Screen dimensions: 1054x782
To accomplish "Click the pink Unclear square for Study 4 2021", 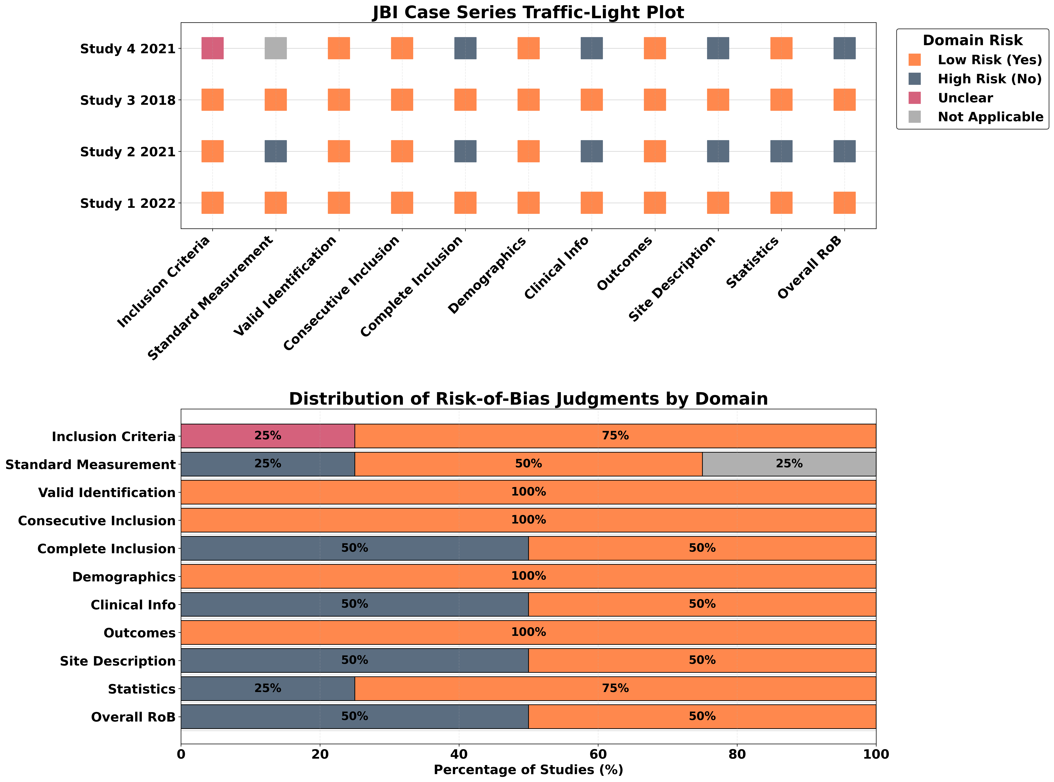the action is [x=212, y=48].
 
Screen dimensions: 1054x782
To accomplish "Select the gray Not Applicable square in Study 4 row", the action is [x=276, y=48].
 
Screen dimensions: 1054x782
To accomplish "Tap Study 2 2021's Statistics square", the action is [x=782, y=151].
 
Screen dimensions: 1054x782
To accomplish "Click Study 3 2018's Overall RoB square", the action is [x=844, y=100].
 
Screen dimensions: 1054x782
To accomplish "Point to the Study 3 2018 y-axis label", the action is [x=128, y=100].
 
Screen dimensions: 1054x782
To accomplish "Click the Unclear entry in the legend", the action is [x=965, y=98].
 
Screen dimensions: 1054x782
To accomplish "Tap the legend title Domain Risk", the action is [x=973, y=40].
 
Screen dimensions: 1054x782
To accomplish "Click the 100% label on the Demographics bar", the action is [x=528, y=576].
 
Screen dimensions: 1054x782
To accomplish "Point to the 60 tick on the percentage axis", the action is [x=598, y=754].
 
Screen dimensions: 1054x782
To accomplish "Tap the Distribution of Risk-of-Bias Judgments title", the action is [x=528, y=399].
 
